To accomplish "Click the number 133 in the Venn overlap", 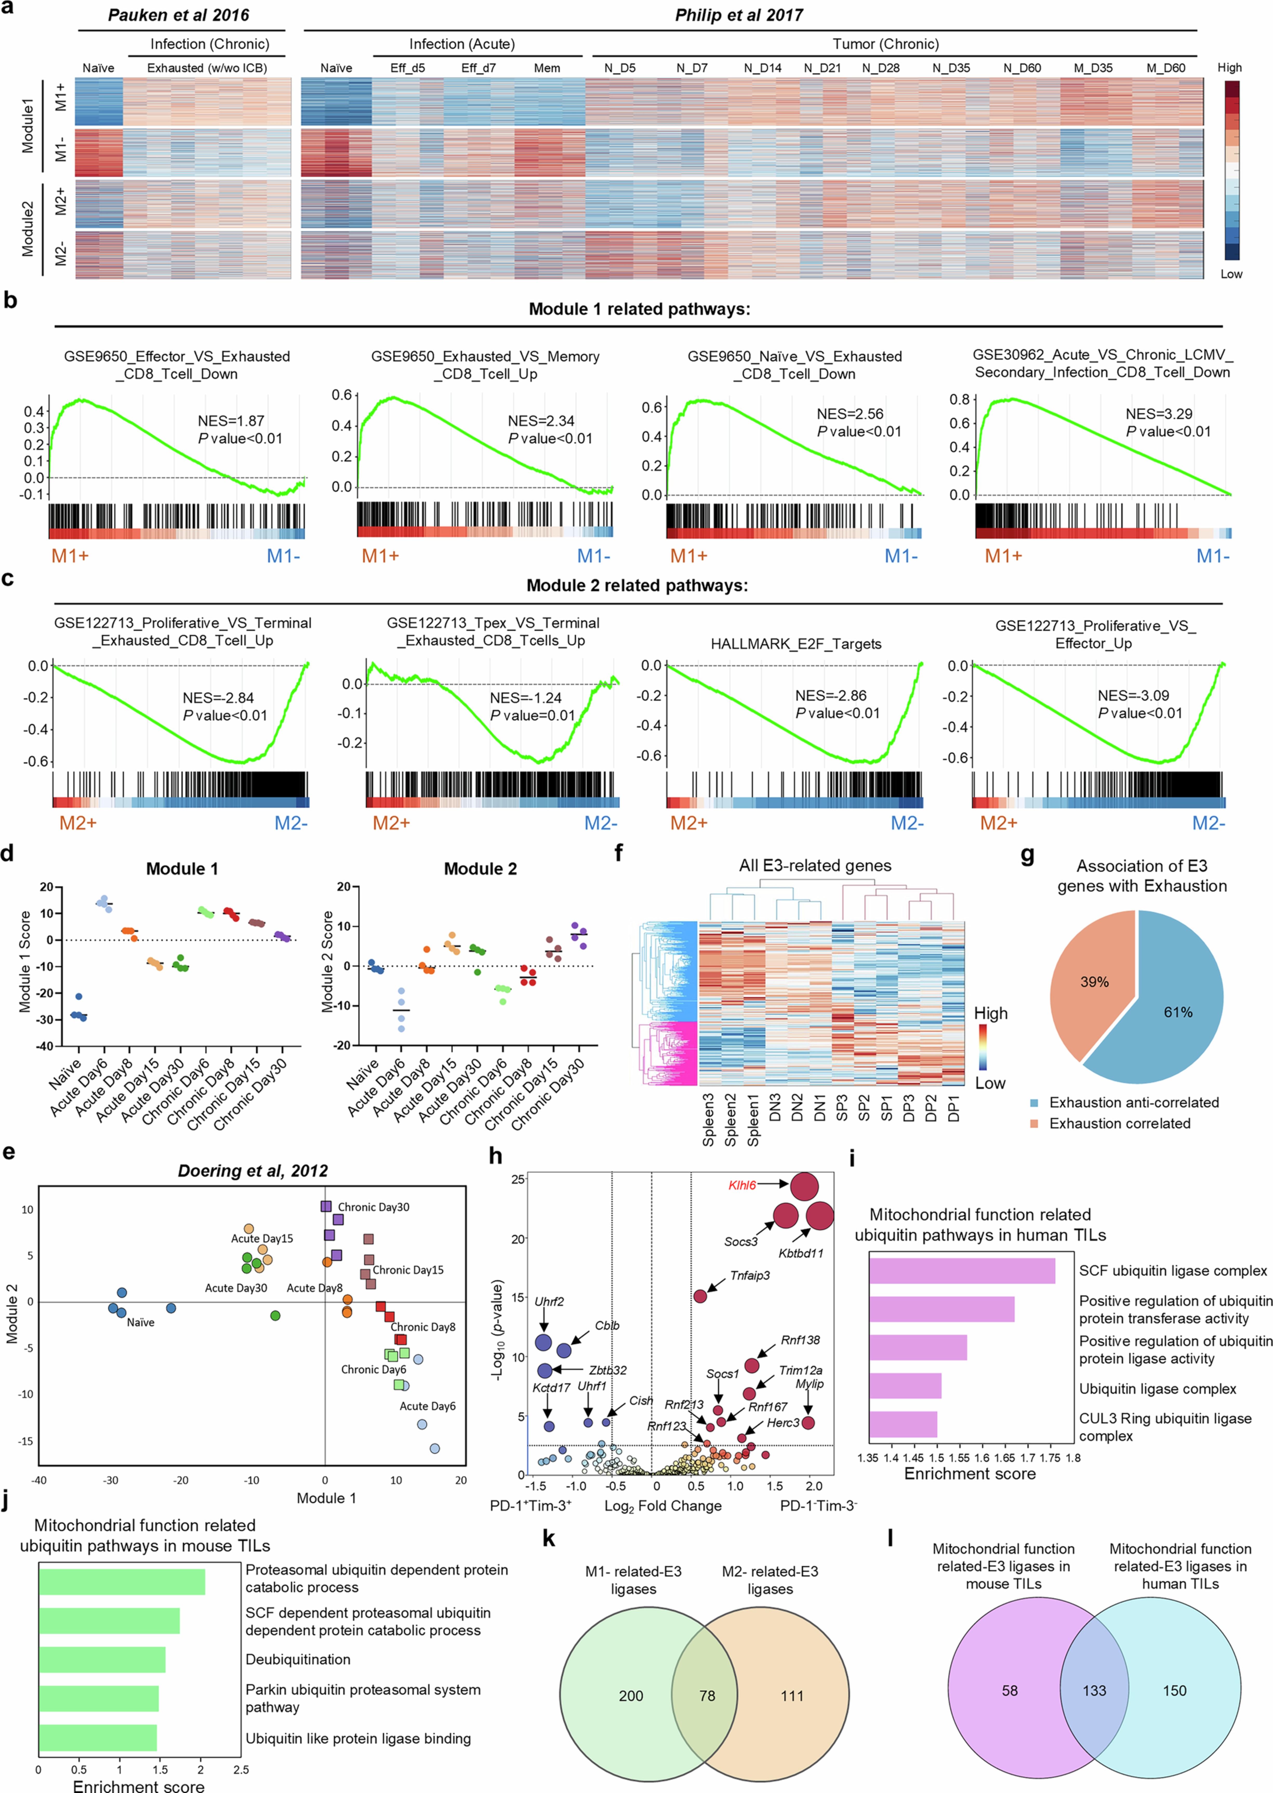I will pyautogui.click(x=1094, y=1690).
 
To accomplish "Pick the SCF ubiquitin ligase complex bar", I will pyautogui.click(x=962, y=1270).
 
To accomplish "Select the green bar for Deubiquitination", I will pyautogui.click(x=102, y=1659).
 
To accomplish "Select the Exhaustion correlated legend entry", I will pyautogui.click(x=1119, y=1123).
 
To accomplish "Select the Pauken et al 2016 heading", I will pyautogui.click(x=179, y=15).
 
